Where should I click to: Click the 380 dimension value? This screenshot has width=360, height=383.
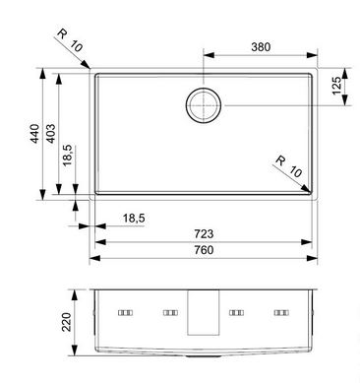coord(261,47)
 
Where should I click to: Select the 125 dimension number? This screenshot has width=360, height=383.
coord(336,86)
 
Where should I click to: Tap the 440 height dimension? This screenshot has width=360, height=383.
coord(34,134)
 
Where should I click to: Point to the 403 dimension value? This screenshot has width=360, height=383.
coord(50,134)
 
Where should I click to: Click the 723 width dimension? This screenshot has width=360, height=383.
coord(204,233)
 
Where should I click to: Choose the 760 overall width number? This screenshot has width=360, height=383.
coord(204,250)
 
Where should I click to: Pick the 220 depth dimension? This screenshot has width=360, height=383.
coord(67,322)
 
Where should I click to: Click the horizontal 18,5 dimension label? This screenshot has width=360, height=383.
coord(134,218)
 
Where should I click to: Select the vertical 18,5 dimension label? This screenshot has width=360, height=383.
coord(67,156)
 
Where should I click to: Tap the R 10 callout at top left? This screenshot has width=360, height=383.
coord(70,40)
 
